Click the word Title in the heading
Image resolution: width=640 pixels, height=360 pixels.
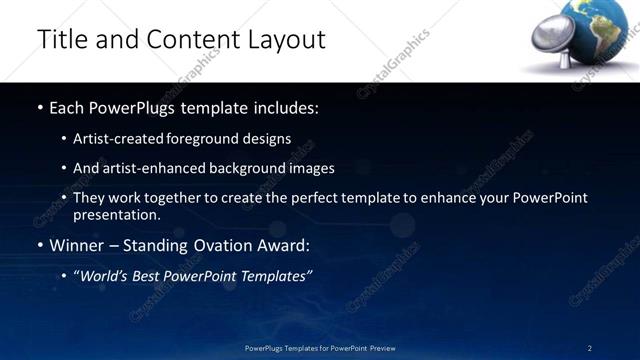pos(61,39)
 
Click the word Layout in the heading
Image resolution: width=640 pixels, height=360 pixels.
pos(285,39)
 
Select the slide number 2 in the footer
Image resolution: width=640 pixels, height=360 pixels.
pos(589,347)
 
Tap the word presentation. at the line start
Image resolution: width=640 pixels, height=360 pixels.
pos(116,214)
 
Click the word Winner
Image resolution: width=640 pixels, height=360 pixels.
pos(77,244)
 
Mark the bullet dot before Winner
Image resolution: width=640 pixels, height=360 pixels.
pos(40,245)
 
